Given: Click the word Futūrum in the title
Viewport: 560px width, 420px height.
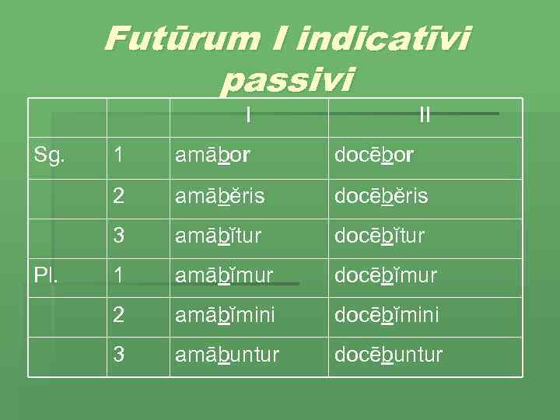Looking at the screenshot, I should click(x=173, y=38).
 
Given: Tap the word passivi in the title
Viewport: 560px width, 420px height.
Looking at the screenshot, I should click(x=287, y=79).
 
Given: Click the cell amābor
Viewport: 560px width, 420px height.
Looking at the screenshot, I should click(x=212, y=156).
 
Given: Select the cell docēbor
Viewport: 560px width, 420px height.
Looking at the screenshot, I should click(x=374, y=156).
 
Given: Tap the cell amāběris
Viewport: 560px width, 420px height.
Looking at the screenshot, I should click(x=219, y=196).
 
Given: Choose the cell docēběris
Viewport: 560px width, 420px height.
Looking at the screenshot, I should click(x=381, y=196).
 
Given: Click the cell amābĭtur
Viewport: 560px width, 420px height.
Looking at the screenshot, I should click(x=218, y=235).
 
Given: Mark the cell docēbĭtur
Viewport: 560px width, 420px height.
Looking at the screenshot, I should click(x=380, y=235).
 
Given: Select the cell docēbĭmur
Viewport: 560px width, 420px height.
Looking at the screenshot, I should click(x=386, y=275).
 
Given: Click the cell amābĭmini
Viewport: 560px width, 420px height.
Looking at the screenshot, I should click(x=224, y=315).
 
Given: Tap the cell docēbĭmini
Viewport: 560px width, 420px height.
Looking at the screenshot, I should click(x=387, y=315).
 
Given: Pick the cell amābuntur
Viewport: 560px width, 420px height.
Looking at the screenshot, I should click(x=226, y=355).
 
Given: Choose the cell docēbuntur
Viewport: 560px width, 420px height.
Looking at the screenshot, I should click(x=388, y=355).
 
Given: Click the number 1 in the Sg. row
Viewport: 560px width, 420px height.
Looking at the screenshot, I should click(x=117, y=156).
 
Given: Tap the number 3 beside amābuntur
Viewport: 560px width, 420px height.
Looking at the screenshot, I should click(x=118, y=355).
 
